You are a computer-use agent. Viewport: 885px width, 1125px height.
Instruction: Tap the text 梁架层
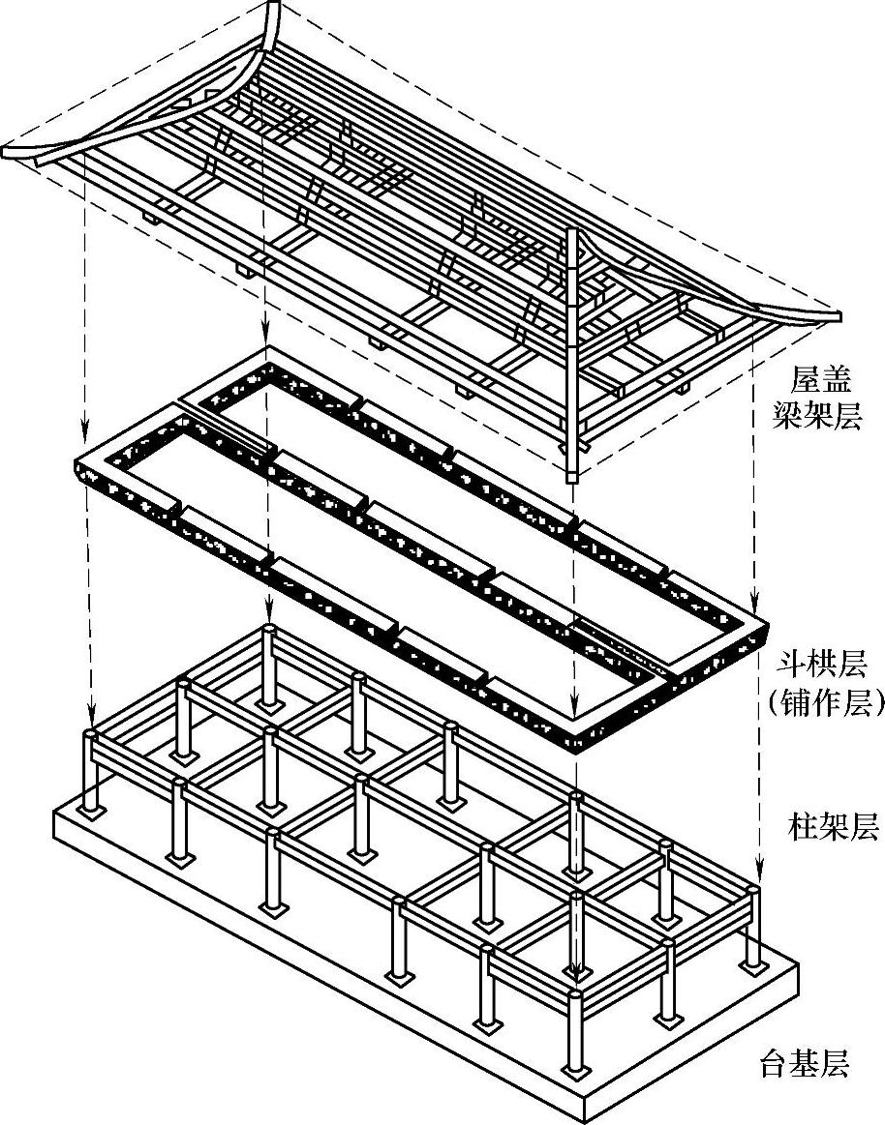[x=822, y=416]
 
